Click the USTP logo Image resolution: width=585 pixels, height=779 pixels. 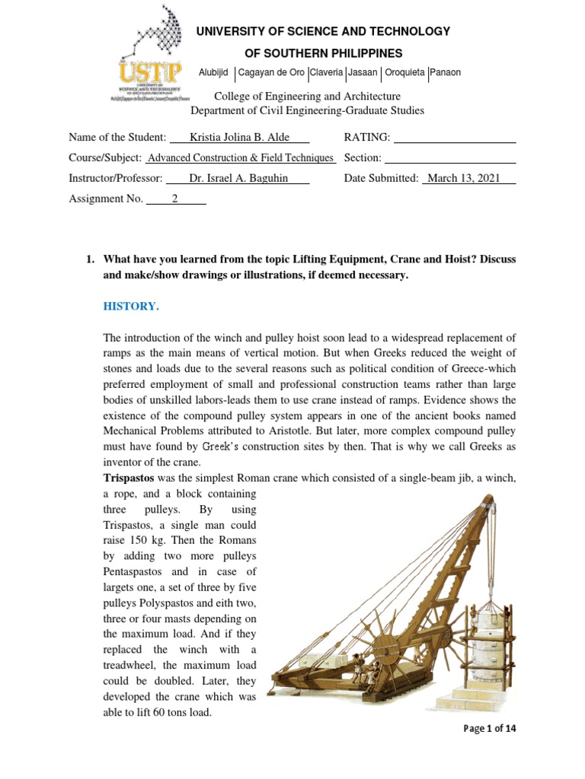tap(150, 62)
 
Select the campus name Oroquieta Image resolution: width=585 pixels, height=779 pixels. tap(404, 73)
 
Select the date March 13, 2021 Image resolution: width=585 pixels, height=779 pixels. tap(468, 178)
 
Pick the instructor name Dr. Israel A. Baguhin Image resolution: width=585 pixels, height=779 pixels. tap(237, 178)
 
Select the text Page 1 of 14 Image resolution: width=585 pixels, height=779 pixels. tap(490, 729)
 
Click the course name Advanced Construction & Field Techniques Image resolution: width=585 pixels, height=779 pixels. tap(240, 158)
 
